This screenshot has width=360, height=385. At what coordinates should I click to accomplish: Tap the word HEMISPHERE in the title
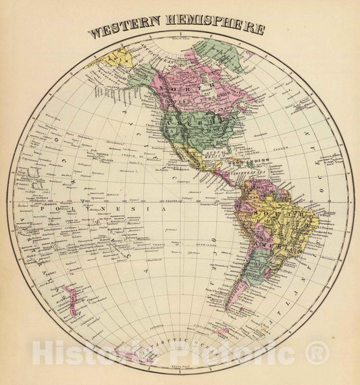click(x=215, y=30)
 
